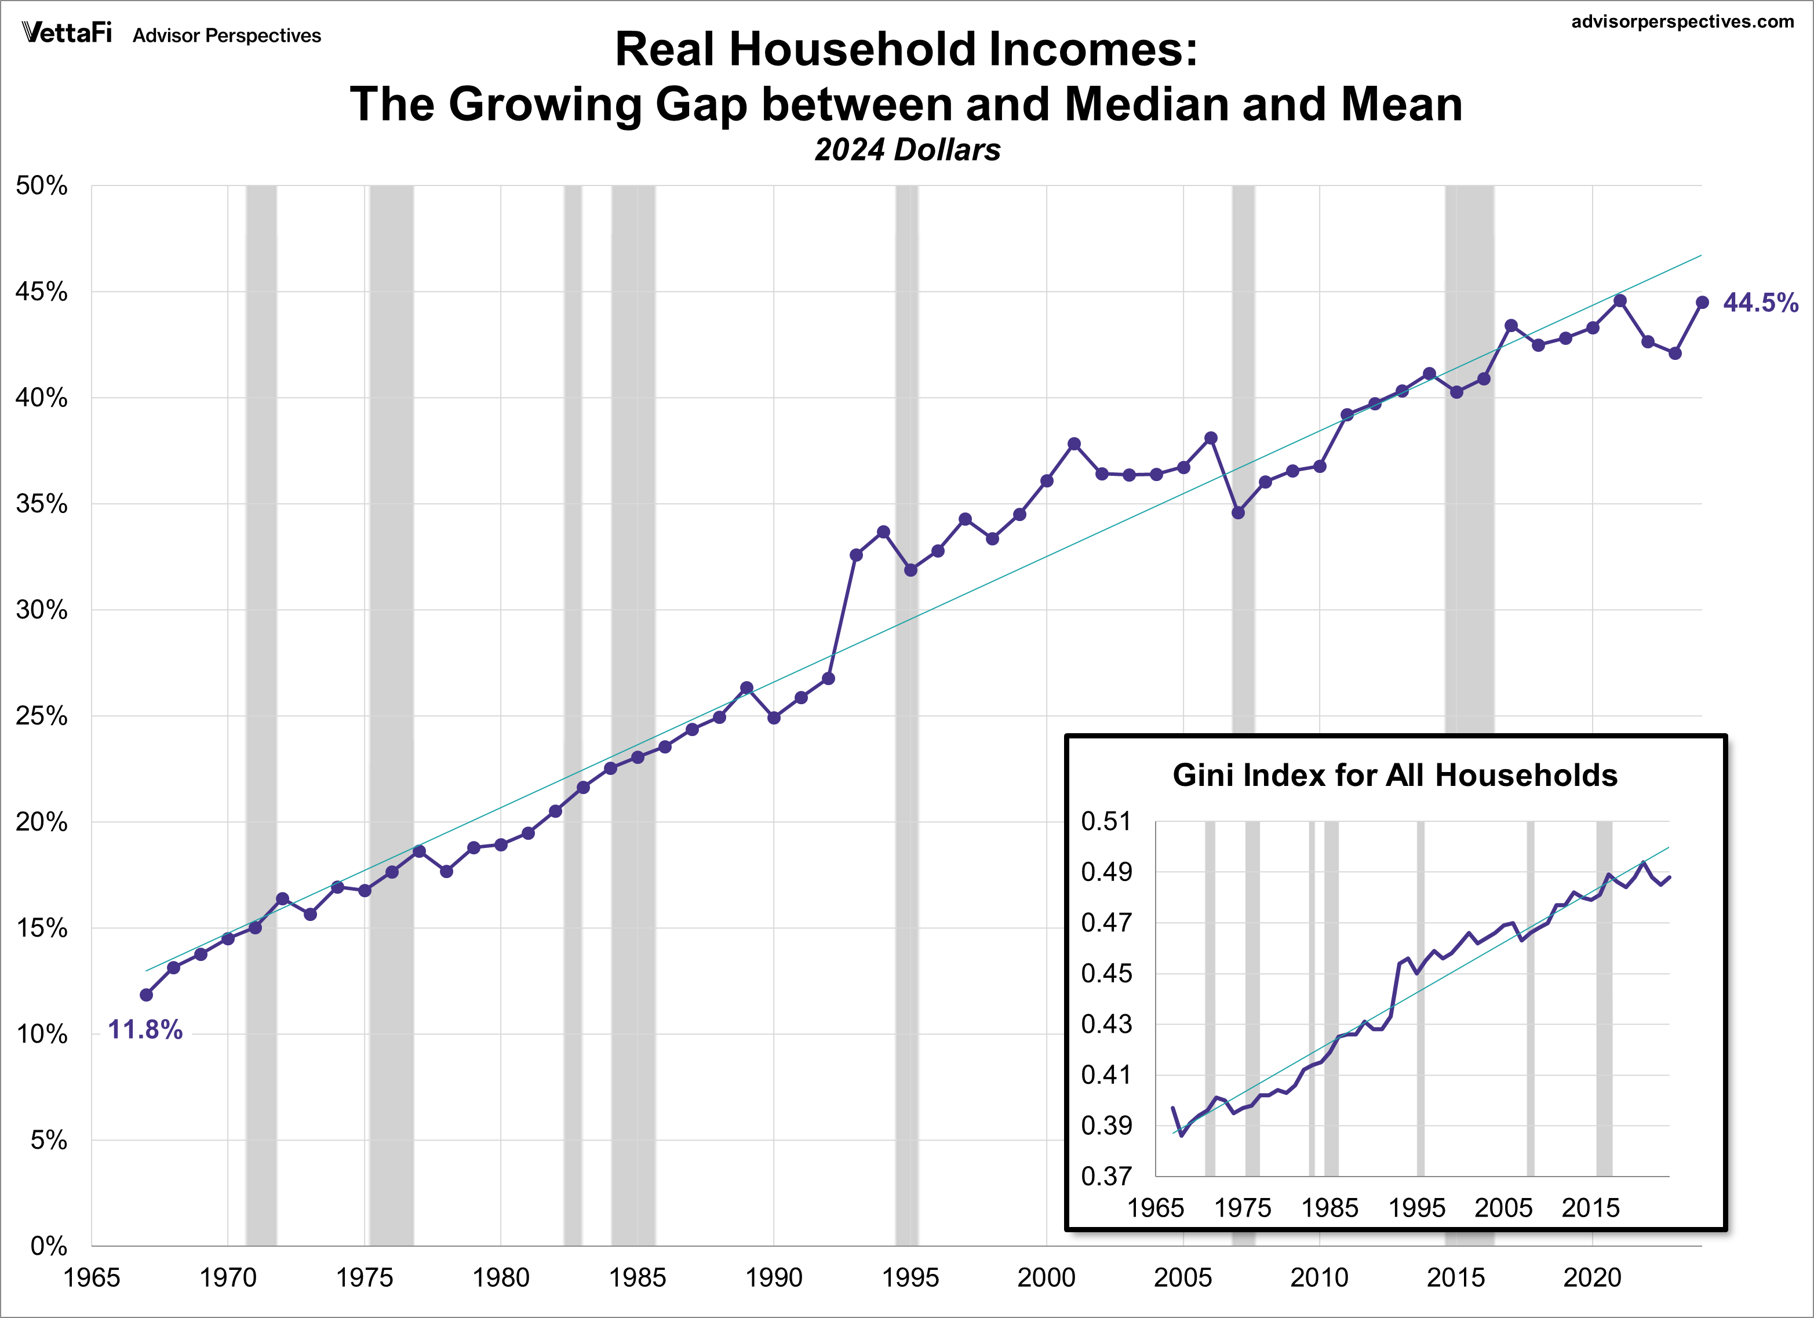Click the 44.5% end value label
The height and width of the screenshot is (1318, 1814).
(x=1760, y=303)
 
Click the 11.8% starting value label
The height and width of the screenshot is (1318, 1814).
(x=145, y=1029)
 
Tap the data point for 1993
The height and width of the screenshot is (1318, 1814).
(x=856, y=555)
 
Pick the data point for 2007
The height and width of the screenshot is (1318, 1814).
(x=1238, y=512)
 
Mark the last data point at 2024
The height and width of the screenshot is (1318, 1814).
(x=1702, y=303)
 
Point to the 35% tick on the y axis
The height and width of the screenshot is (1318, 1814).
(x=42, y=504)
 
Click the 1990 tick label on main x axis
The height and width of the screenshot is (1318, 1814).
(x=774, y=1278)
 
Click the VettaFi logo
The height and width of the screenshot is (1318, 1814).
(x=67, y=33)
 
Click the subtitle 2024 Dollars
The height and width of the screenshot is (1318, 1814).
(x=907, y=150)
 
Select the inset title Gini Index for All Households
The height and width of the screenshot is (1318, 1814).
(x=1395, y=775)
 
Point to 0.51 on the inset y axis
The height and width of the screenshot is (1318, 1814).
(x=1106, y=821)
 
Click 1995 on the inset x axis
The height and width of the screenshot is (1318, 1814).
(x=1416, y=1208)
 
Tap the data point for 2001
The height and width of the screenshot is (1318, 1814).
(x=1074, y=444)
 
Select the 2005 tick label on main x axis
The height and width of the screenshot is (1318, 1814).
(x=1182, y=1278)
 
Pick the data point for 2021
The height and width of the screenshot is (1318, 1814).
(x=1620, y=301)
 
